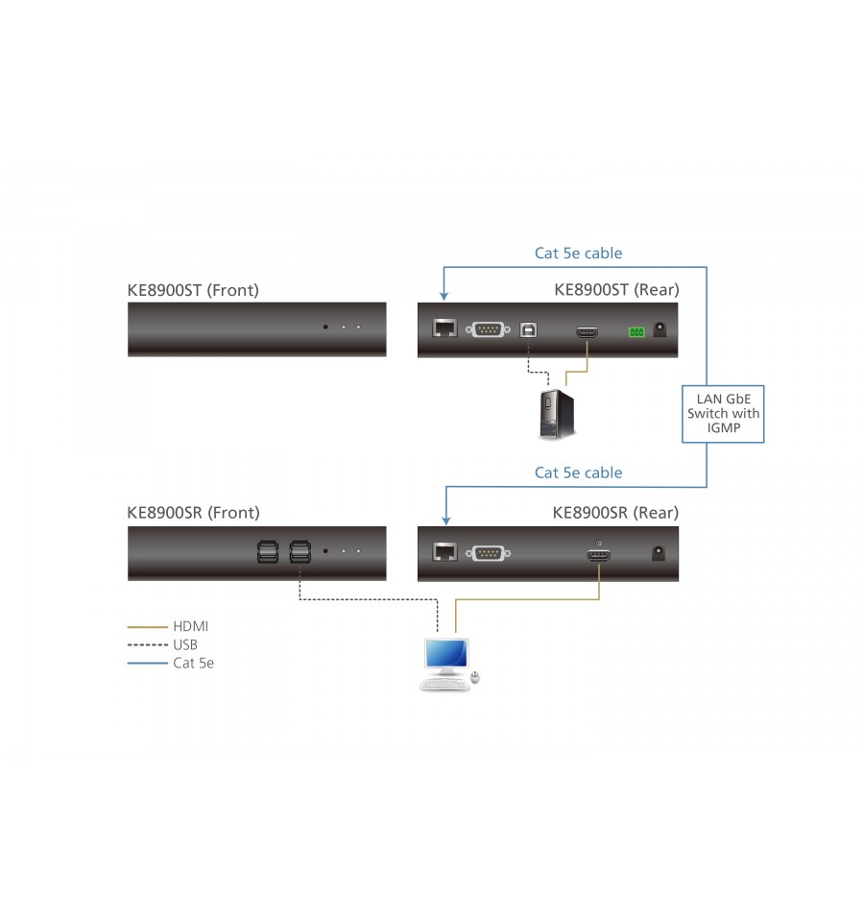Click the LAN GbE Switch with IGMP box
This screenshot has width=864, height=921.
pos(723,414)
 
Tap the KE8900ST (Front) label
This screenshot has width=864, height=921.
pos(193,290)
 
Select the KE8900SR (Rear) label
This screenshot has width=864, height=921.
pos(615,513)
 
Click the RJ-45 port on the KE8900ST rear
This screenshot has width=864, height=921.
pos(444,328)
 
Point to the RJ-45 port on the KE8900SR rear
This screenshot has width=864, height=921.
pos(444,551)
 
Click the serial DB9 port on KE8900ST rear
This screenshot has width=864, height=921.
pos(488,329)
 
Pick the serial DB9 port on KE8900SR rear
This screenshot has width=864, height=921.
pos(488,553)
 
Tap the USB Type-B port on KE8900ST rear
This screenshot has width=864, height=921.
pos(528,330)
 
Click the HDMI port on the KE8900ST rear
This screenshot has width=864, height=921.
pos(587,333)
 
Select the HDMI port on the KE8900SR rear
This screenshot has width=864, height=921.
pos(599,554)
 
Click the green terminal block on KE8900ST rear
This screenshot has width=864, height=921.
pos(636,332)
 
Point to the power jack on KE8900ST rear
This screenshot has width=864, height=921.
pos(660,328)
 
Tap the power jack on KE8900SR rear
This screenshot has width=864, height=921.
pos(659,553)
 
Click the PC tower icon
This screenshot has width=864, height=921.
pos(557,414)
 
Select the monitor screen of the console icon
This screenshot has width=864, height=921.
pos(446,653)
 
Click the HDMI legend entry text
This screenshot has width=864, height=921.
pos(191,627)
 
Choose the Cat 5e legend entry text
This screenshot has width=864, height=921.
pos(193,664)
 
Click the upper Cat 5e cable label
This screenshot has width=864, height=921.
pos(578,254)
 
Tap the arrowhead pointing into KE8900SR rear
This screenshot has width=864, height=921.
pos(446,521)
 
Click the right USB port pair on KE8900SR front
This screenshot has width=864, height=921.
pos(300,552)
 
